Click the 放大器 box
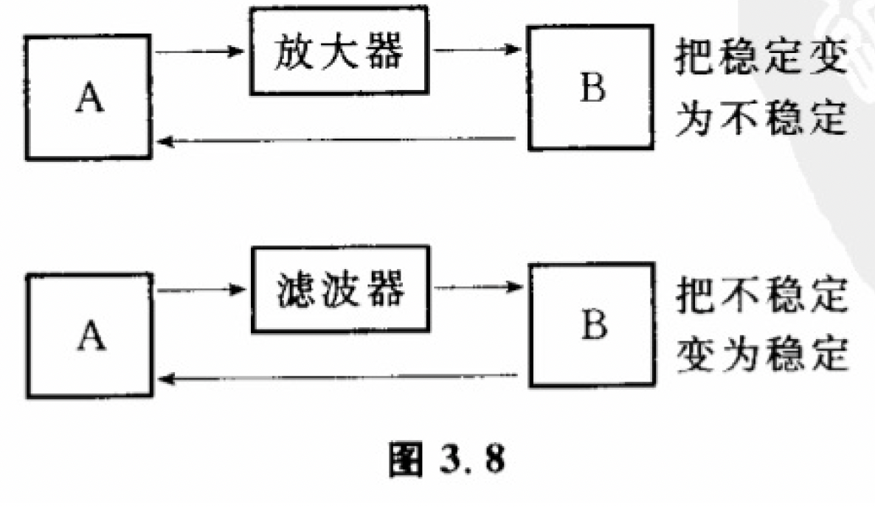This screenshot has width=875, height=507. (x=339, y=51)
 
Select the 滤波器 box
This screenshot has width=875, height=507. (x=340, y=289)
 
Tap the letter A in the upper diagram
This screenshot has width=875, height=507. (x=89, y=97)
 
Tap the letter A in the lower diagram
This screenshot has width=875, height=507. (x=91, y=335)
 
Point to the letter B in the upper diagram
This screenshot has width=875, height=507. (x=592, y=88)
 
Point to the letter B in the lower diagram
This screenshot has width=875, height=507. (x=594, y=324)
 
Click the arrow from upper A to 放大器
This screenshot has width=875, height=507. (x=199, y=52)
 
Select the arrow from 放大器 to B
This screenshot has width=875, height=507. (x=477, y=49)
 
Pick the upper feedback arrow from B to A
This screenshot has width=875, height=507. (x=336, y=140)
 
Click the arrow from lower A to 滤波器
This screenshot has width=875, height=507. (x=201, y=290)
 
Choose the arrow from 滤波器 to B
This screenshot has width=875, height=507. (x=478, y=287)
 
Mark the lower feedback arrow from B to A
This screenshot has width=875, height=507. (x=338, y=378)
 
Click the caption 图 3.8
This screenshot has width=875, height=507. (x=447, y=460)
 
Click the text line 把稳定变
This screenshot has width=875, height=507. (x=761, y=56)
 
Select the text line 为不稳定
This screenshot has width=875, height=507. (x=761, y=118)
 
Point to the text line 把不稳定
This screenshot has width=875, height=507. (x=762, y=295)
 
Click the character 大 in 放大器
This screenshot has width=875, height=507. (x=339, y=51)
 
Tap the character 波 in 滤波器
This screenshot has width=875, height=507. (x=340, y=290)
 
